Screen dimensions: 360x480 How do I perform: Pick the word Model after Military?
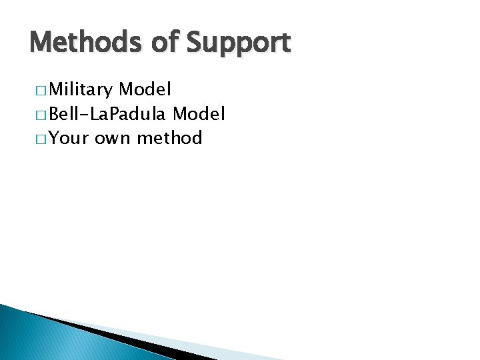145,89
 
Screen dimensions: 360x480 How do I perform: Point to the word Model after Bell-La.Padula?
199,113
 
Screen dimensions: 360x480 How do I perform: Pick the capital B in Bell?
55,113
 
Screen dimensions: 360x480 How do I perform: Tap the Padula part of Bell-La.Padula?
141,113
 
